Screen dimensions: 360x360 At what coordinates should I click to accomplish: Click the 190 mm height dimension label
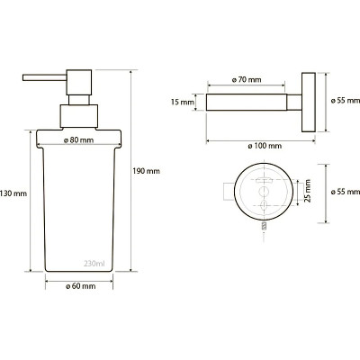coord(147,171)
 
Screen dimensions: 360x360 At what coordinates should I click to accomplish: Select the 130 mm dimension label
coord(13,193)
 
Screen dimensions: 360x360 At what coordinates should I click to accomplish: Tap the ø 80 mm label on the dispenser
coord(79,140)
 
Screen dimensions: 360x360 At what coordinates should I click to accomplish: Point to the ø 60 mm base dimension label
coord(81,286)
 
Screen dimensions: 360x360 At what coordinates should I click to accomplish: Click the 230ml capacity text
coord(94,264)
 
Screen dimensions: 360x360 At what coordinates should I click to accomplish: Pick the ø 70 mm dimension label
coord(247,80)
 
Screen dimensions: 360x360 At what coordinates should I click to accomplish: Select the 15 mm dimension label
coord(183,103)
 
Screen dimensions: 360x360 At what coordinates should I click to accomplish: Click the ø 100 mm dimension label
coord(265,146)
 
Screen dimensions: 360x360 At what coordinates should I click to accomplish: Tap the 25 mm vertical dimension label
coord(307,191)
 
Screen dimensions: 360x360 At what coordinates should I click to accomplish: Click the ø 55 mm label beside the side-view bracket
coord(346,101)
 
